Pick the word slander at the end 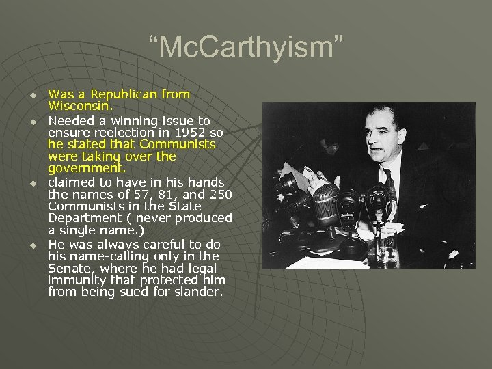tap(199, 292)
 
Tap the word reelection tap(118, 131)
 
